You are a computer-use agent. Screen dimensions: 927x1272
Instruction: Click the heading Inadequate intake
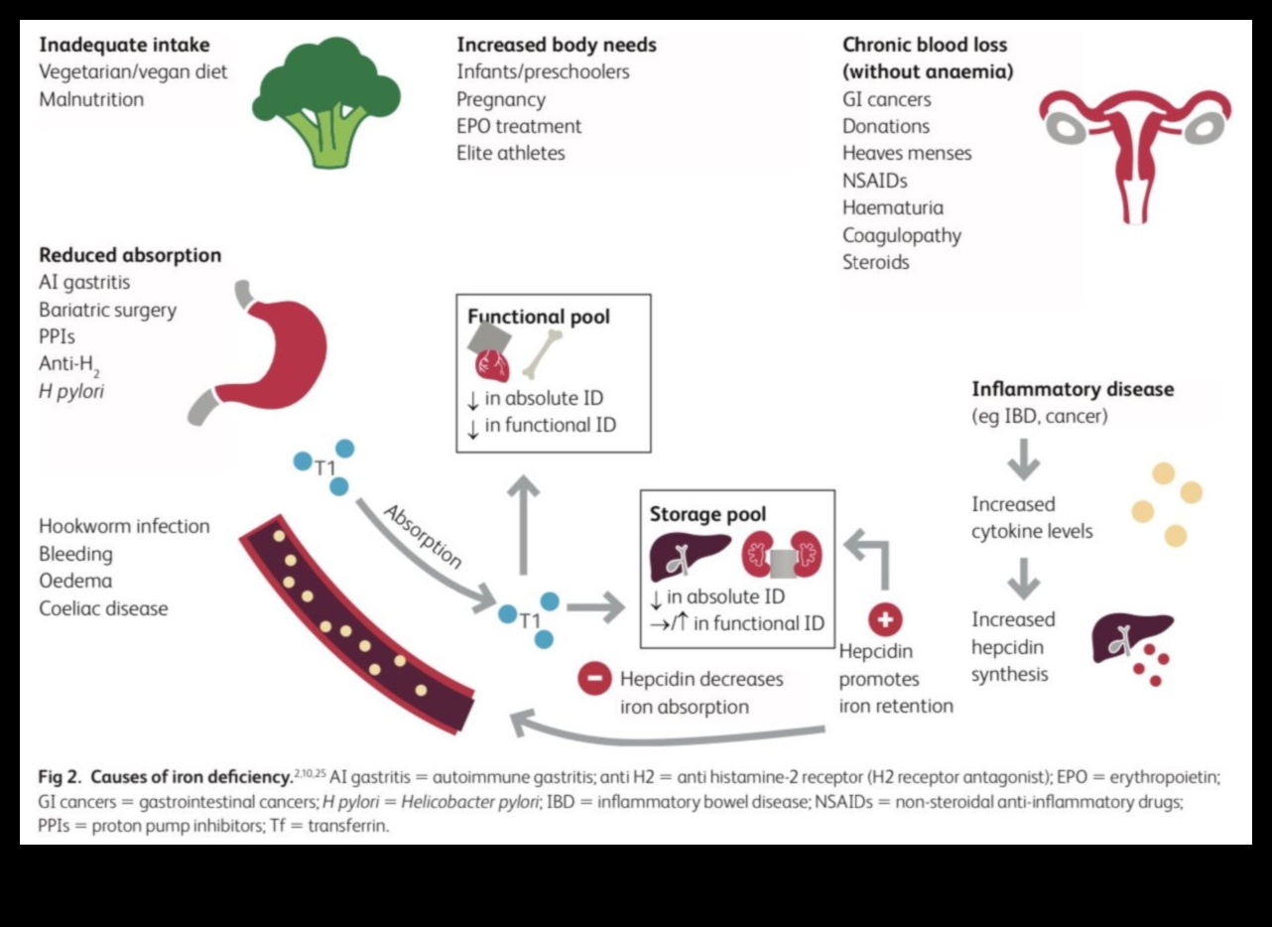(x=124, y=45)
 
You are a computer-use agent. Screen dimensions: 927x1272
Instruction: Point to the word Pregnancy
(x=500, y=99)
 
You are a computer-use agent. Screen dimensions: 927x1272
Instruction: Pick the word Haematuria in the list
(x=893, y=207)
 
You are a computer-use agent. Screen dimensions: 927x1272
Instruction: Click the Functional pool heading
(x=539, y=318)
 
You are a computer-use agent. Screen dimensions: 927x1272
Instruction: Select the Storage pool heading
(x=707, y=514)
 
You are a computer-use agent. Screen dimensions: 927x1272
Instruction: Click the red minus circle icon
(x=594, y=679)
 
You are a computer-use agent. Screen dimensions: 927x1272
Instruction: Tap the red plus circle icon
(x=885, y=620)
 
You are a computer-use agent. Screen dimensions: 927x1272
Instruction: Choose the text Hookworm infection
(x=124, y=526)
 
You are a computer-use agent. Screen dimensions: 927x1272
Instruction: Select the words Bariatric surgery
(x=107, y=310)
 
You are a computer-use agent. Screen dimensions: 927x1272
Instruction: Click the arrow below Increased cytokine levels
(x=1023, y=577)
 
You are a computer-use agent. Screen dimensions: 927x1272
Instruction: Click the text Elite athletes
(x=510, y=153)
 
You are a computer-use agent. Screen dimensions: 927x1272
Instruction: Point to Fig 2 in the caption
(x=62, y=778)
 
